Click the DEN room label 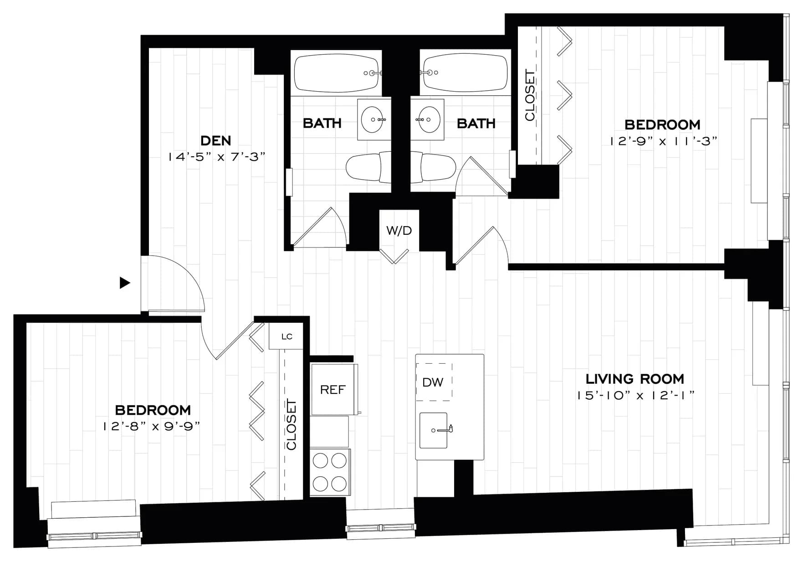point(215,140)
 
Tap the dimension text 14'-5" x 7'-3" point(216,157)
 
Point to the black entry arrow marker point(124,283)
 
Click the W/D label point(399,231)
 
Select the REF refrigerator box point(333,389)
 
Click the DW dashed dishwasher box point(434,382)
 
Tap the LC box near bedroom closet point(286,337)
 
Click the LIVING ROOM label point(634,379)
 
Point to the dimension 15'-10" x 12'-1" point(634,396)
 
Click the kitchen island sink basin point(433,430)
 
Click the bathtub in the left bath point(336,73)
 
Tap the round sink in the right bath point(428,119)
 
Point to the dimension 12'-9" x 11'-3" point(663,141)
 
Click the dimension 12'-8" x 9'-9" point(152,427)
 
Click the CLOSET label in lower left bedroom point(291,424)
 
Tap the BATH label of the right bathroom point(476,124)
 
